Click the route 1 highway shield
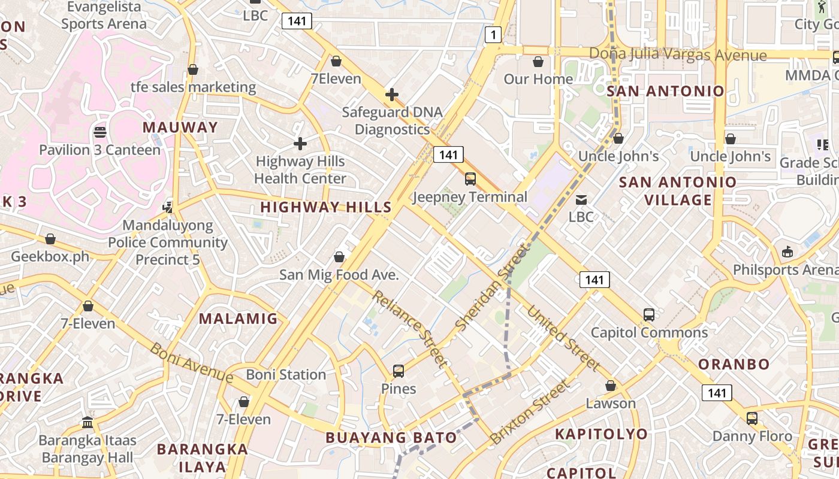(493, 35)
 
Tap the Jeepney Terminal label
(470, 197)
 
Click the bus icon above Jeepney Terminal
(470, 178)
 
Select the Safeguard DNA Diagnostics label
(393, 120)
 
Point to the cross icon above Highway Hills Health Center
(300, 144)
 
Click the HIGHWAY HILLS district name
(326, 208)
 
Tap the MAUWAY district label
(180, 127)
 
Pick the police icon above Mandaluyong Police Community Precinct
(168, 207)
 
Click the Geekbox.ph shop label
(50, 257)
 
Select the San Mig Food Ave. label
(339, 275)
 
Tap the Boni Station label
(286, 375)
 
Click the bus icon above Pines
(399, 371)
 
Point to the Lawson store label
(611, 403)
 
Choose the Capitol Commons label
(649, 332)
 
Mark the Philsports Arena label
(786, 270)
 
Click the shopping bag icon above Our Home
(538, 62)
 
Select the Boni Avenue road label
(191, 362)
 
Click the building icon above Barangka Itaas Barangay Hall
(88, 423)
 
